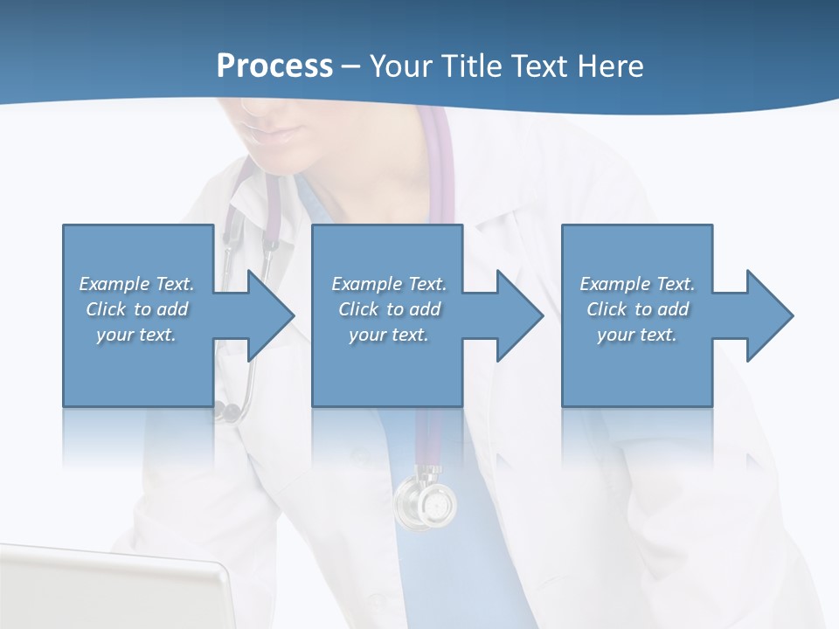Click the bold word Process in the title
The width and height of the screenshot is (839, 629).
coord(274,66)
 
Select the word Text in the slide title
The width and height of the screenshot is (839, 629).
coord(540,66)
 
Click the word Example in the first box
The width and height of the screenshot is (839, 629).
coord(114,284)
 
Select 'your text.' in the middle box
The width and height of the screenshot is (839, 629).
coord(388,335)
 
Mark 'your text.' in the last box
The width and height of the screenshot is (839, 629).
coord(636,335)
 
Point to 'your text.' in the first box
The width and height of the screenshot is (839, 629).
coord(135,335)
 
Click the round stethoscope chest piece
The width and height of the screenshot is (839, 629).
coord(426,503)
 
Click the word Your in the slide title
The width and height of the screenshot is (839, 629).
coord(402,66)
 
